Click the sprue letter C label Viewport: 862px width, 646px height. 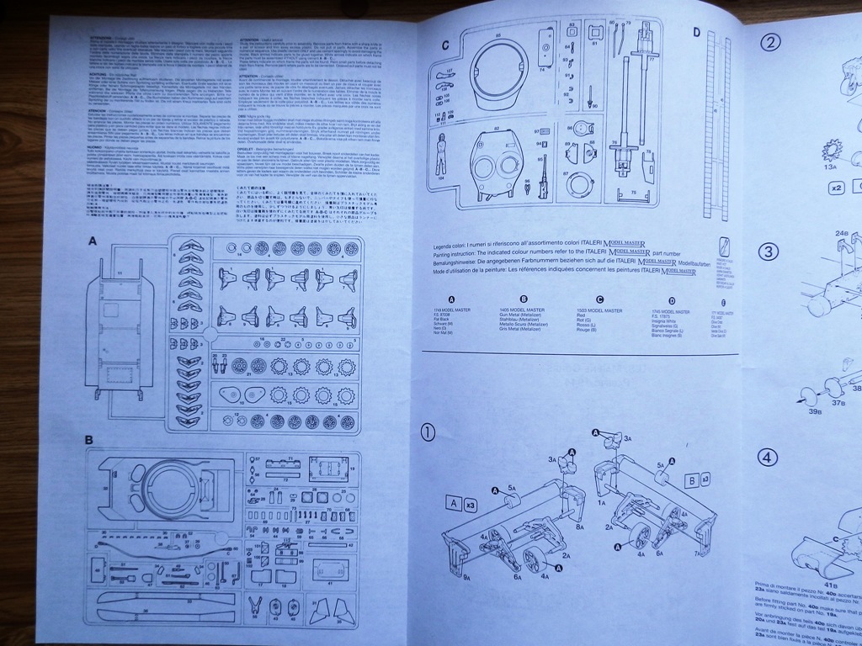coord(445,44)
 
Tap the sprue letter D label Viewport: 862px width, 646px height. coord(695,33)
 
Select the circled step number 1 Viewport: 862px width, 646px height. coord(428,432)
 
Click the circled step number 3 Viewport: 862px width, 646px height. coord(769,252)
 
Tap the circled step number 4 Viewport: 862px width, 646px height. coord(767,458)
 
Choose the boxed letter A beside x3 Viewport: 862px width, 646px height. coord(452,504)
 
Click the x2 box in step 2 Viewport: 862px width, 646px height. coord(837,188)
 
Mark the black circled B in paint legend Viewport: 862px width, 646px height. coord(524,299)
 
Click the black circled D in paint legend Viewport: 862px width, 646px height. coord(672,300)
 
